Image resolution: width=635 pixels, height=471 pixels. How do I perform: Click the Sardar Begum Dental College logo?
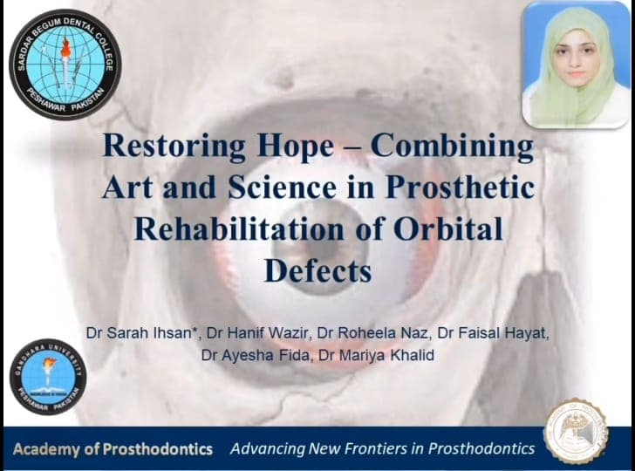pos(65,65)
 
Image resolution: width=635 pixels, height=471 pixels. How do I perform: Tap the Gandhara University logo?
pos(48,377)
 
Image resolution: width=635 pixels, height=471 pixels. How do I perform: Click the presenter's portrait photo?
pos(576,65)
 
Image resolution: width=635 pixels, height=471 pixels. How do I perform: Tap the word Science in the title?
pos(282,188)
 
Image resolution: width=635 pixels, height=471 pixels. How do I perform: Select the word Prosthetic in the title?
pos(459,188)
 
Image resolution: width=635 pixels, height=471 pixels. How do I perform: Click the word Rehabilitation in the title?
pos(239,229)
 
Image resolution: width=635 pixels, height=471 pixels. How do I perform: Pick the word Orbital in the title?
pos(448,229)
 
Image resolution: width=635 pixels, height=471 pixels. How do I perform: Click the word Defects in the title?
pos(317,270)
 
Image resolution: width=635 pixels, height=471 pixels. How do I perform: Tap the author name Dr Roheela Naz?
pos(372,333)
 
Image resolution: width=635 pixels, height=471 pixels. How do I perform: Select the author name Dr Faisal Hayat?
pos(492,333)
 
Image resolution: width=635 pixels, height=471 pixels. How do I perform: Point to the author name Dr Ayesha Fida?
pos(255,355)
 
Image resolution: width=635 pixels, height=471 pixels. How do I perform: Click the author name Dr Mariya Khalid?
pos(377,355)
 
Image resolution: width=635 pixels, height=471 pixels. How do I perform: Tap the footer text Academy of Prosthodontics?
pos(113,449)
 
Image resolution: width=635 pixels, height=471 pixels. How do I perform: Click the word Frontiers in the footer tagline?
pos(367,448)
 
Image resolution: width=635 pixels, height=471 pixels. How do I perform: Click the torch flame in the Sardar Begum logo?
pos(65,48)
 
